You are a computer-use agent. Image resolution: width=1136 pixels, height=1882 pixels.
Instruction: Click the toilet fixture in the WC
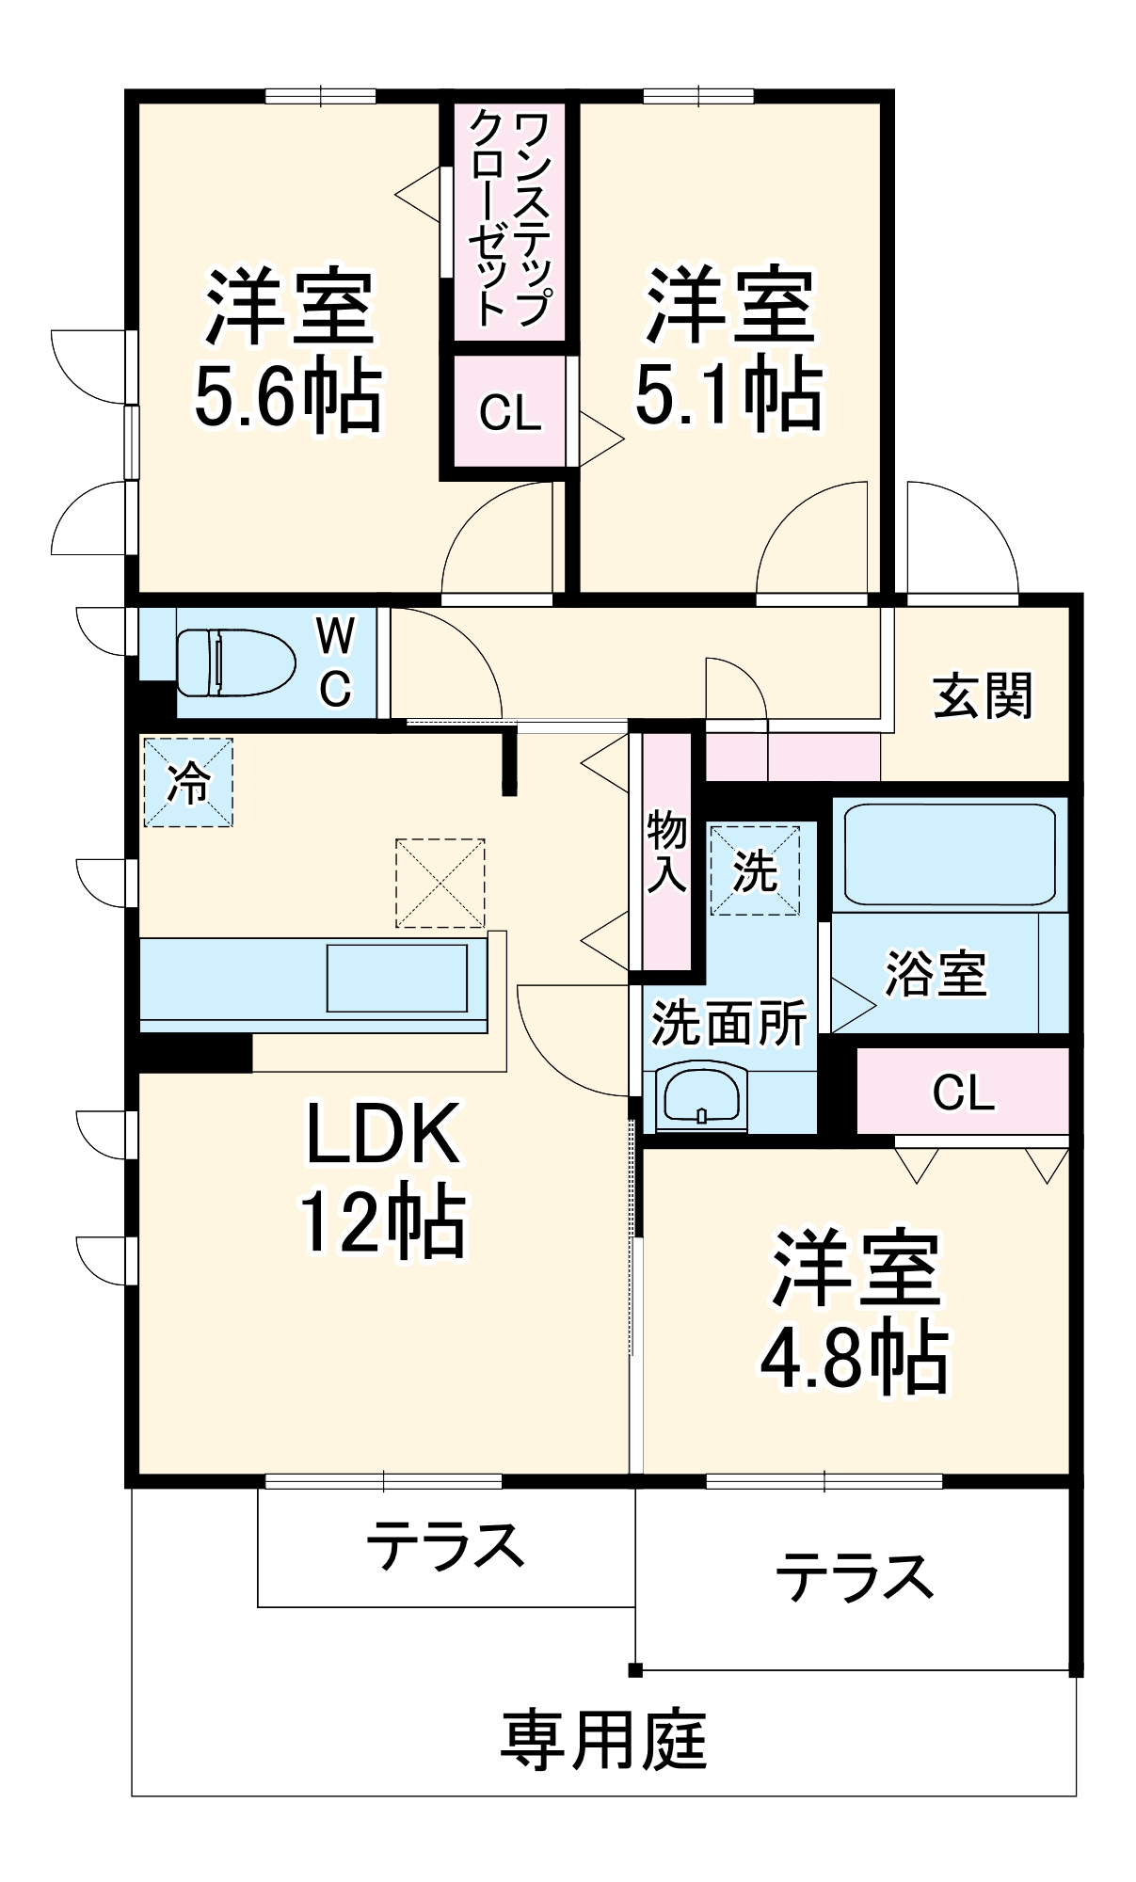(235, 662)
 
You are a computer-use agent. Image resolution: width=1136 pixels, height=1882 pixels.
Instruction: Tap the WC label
(335, 662)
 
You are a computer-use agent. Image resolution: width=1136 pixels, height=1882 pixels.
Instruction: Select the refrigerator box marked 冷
(188, 782)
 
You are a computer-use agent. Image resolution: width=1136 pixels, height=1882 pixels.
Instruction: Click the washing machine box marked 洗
(755, 870)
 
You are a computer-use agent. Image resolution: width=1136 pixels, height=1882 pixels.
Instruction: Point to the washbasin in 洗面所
(702, 1096)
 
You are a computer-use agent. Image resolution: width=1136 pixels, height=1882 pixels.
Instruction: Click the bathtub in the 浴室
(949, 854)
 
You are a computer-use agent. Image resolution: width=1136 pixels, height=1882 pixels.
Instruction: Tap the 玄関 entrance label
(983, 696)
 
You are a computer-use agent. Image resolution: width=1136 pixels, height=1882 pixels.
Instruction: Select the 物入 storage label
(666, 852)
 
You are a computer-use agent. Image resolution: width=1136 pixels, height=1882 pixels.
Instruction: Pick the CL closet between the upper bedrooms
(509, 412)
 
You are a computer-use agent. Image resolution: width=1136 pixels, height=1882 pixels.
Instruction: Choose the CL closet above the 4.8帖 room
(963, 1092)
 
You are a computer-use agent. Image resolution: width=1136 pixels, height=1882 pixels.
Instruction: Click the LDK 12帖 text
(383, 1178)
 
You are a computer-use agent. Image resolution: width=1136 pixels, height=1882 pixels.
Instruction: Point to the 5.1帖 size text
(729, 393)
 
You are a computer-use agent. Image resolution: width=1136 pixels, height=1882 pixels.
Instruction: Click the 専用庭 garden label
(602, 1741)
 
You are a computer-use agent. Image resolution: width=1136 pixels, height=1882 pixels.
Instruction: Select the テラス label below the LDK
(444, 1545)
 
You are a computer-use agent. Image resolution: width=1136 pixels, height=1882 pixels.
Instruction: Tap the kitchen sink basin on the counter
(397, 978)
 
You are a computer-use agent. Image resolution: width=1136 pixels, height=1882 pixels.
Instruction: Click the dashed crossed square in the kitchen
(440, 883)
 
